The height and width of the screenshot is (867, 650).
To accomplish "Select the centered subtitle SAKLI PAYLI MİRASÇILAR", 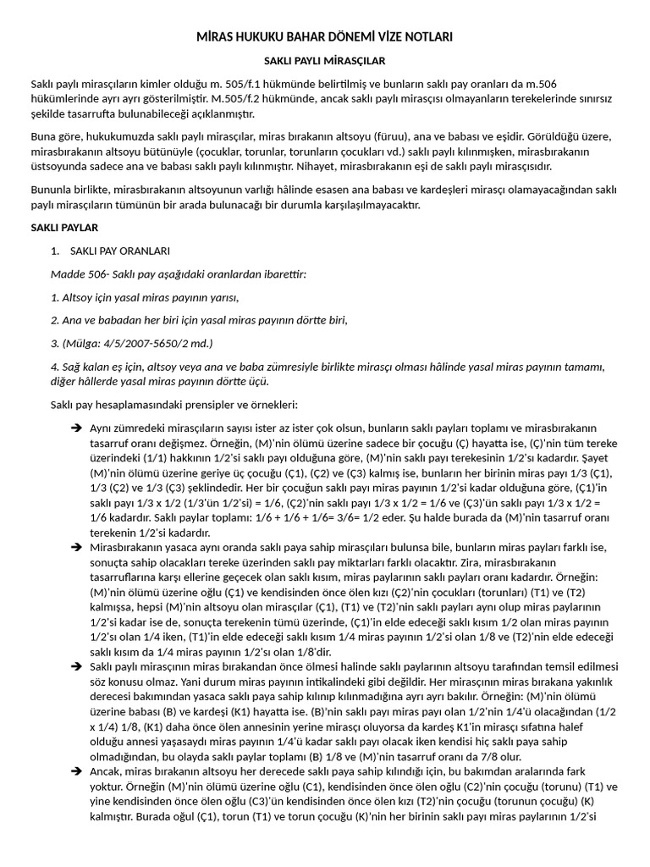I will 325,62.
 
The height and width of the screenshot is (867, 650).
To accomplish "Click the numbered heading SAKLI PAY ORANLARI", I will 120,251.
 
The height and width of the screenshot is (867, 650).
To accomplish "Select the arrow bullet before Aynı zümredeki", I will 75,428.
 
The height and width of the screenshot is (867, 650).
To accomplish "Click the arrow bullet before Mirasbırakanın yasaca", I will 75,548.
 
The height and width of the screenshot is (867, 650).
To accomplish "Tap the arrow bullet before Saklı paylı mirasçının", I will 75,668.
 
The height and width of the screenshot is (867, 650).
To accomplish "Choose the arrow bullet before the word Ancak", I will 75,771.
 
